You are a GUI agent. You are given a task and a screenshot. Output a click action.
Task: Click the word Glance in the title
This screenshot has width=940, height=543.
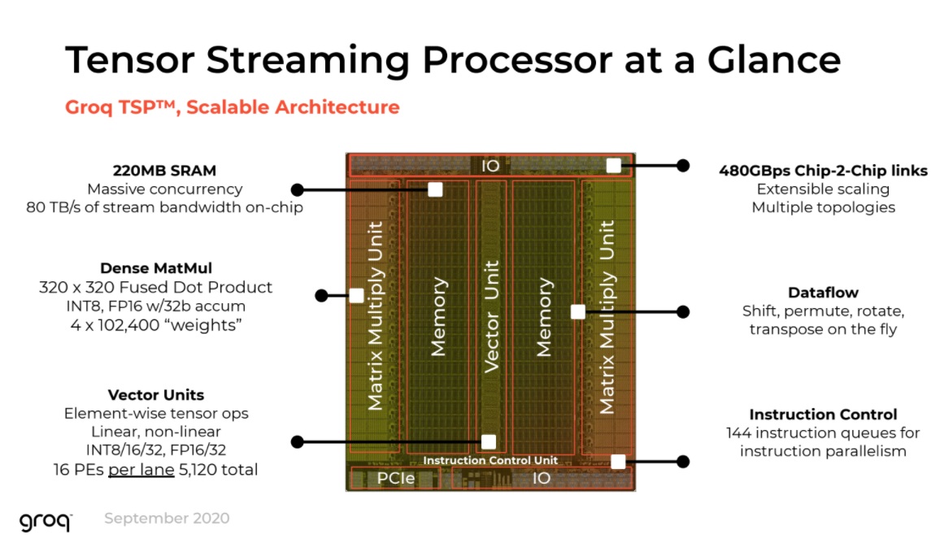774,59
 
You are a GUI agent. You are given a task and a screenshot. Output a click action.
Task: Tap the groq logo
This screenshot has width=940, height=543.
46,521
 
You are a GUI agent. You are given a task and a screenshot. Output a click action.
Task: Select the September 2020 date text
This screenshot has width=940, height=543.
167,518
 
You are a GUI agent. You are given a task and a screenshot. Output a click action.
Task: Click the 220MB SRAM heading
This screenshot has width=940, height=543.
164,171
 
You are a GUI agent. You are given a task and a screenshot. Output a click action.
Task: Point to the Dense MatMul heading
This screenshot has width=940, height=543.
156,268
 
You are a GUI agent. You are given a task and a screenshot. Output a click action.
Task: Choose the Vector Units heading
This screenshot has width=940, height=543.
156,395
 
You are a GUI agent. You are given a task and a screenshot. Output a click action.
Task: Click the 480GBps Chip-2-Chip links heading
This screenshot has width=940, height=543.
823,171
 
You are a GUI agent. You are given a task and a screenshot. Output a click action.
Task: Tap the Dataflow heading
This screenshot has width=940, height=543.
823,293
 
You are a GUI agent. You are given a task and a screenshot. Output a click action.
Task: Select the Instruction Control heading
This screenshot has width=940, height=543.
823,414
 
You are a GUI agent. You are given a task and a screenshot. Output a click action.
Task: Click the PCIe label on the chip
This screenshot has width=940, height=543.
396,478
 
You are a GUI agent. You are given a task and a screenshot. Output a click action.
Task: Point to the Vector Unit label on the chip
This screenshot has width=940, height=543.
491,316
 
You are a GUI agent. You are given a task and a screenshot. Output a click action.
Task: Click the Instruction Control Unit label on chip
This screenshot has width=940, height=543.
490,460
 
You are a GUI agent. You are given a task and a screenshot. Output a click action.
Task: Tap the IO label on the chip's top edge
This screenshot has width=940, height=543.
490,166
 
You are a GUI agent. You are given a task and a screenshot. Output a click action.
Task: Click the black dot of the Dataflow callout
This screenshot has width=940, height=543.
683,311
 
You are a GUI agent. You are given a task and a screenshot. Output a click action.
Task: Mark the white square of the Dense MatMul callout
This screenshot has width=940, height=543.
357,295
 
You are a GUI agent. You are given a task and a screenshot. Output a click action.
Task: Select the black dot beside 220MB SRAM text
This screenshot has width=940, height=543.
297,190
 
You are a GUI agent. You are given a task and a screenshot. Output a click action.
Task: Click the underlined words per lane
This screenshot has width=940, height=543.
141,470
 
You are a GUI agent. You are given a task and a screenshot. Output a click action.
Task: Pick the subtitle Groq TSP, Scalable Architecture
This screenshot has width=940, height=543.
232,107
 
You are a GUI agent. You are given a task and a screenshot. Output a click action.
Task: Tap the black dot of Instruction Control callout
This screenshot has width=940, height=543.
683,462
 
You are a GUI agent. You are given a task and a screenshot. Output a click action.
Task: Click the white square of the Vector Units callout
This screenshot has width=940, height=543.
489,441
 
